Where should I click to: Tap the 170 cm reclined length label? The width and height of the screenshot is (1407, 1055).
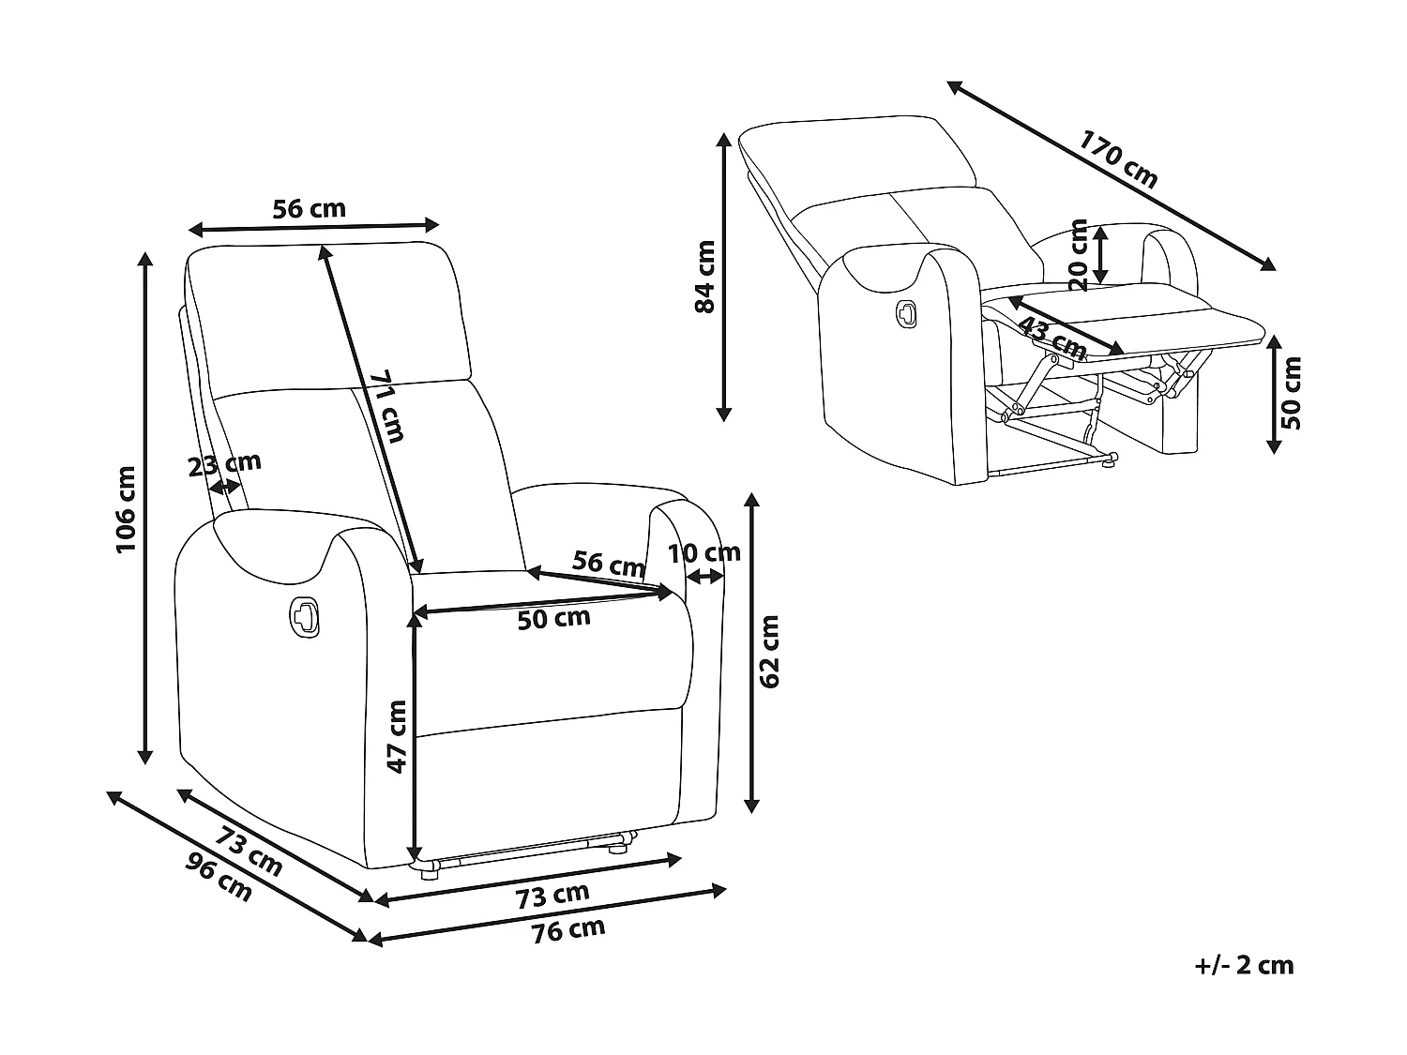click(1118, 160)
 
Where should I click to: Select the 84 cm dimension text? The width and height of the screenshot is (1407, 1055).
click(705, 277)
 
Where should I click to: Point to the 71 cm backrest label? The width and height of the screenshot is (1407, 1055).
click(387, 406)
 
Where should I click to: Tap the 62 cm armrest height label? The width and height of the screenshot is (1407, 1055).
click(768, 651)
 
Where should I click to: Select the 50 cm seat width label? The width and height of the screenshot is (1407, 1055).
click(553, 618)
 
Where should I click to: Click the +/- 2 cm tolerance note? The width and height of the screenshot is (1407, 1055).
click(1244, 966)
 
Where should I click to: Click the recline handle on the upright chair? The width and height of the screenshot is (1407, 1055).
click(304, 615)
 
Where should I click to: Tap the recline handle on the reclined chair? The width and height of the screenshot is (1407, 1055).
click(907, 313)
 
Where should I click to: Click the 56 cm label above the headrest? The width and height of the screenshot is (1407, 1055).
click(309, 208)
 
